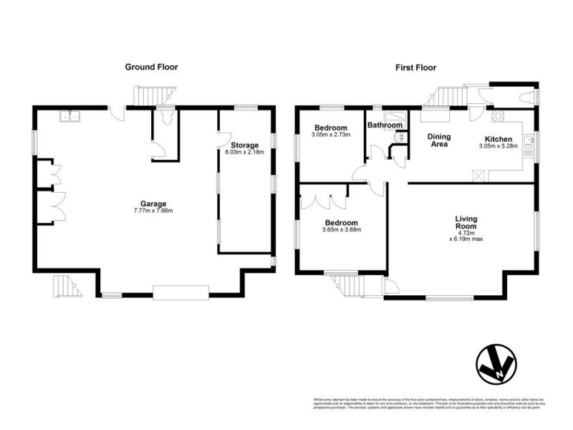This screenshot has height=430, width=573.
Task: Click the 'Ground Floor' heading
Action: [151, 67]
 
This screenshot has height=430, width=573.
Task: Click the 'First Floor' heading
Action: [416, 67]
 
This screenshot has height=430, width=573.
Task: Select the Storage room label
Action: [244, 145]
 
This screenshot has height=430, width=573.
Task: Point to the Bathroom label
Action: [385, 125]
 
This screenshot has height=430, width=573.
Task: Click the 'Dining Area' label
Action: [438, 140]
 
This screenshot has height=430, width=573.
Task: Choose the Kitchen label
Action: [499, 138]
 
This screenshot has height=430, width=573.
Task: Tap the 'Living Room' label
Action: [466, 222]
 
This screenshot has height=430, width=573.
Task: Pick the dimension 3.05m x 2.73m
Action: [330, 135]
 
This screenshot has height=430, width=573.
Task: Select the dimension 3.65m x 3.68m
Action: [340, 229]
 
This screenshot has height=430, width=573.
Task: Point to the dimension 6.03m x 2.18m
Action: [244, 153]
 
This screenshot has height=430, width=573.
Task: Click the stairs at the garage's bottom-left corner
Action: [65, 286]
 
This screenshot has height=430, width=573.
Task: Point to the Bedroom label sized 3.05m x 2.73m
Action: [330, 128]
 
